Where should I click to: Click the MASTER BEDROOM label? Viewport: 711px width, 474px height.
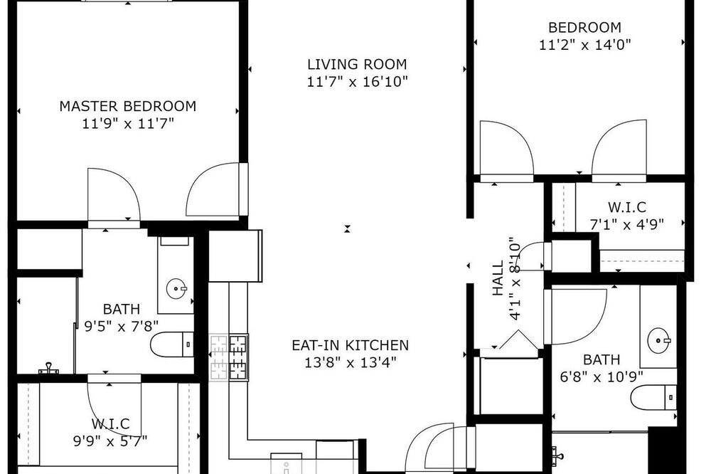(x=128, y=106)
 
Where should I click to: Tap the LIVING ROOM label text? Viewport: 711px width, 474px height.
(x=358, y=64)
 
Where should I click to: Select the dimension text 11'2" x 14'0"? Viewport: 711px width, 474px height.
(x=585, y=45)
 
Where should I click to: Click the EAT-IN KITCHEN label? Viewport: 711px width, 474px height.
(x=350, y=345)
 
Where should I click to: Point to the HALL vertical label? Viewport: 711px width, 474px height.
(x=498, y=278)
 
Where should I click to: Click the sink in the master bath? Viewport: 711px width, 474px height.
(x=176, y=288)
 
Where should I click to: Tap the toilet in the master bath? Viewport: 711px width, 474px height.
(x=172, y=344)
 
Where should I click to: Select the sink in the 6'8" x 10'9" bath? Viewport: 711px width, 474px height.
(x=658, y=339)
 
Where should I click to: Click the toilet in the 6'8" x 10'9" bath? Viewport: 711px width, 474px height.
(x=654, y=397)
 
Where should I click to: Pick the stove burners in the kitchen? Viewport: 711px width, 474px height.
(x=229, y=357)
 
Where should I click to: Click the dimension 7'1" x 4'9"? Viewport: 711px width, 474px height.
(x=627, y=223)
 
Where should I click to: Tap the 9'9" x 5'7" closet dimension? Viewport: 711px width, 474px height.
(x=110, y=441)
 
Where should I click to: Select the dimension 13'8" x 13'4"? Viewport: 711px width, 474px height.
(x=351, y=362)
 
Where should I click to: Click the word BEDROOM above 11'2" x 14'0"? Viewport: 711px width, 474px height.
(x=585, y=27)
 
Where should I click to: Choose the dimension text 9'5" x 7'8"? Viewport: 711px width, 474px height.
(x=122, y=326)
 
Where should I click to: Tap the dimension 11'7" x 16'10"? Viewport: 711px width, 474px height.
(x=358, y=81)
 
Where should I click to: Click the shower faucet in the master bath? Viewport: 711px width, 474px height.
(x=48, y=368)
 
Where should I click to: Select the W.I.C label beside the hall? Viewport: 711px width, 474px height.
(x=627, y=207)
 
